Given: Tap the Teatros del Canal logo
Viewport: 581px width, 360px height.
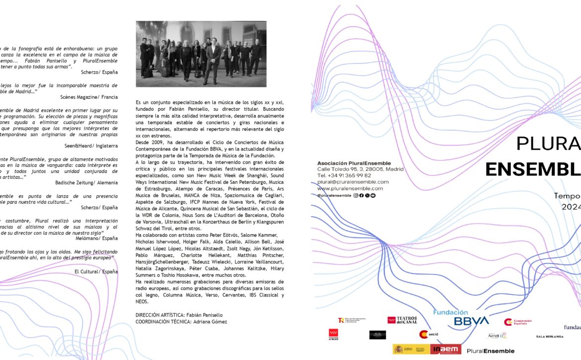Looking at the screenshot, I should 402,320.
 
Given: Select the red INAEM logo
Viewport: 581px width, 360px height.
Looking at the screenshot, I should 445,350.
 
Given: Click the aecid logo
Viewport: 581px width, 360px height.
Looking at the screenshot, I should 427,335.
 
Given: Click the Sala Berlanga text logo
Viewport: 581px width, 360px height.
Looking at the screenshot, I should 550,336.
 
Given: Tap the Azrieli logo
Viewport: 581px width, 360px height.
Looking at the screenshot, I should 497,336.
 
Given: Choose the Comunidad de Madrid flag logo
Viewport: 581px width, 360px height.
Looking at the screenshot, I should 333,335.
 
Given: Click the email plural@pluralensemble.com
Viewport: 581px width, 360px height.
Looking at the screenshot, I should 353,182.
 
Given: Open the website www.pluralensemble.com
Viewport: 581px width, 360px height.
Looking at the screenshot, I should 350,188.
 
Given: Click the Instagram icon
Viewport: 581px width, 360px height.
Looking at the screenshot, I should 356,196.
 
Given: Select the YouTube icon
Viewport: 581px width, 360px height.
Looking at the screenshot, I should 373,196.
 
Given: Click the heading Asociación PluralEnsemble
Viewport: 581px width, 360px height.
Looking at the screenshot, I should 354,163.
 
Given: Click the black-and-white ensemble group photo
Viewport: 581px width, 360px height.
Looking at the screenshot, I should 201,54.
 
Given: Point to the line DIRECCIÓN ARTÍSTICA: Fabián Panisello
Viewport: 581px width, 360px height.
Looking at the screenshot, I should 179,315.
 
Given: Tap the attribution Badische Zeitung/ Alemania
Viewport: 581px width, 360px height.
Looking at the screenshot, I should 86,183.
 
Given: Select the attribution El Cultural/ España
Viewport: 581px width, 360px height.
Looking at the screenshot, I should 96,272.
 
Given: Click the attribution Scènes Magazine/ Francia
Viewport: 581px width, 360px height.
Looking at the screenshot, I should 89,97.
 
